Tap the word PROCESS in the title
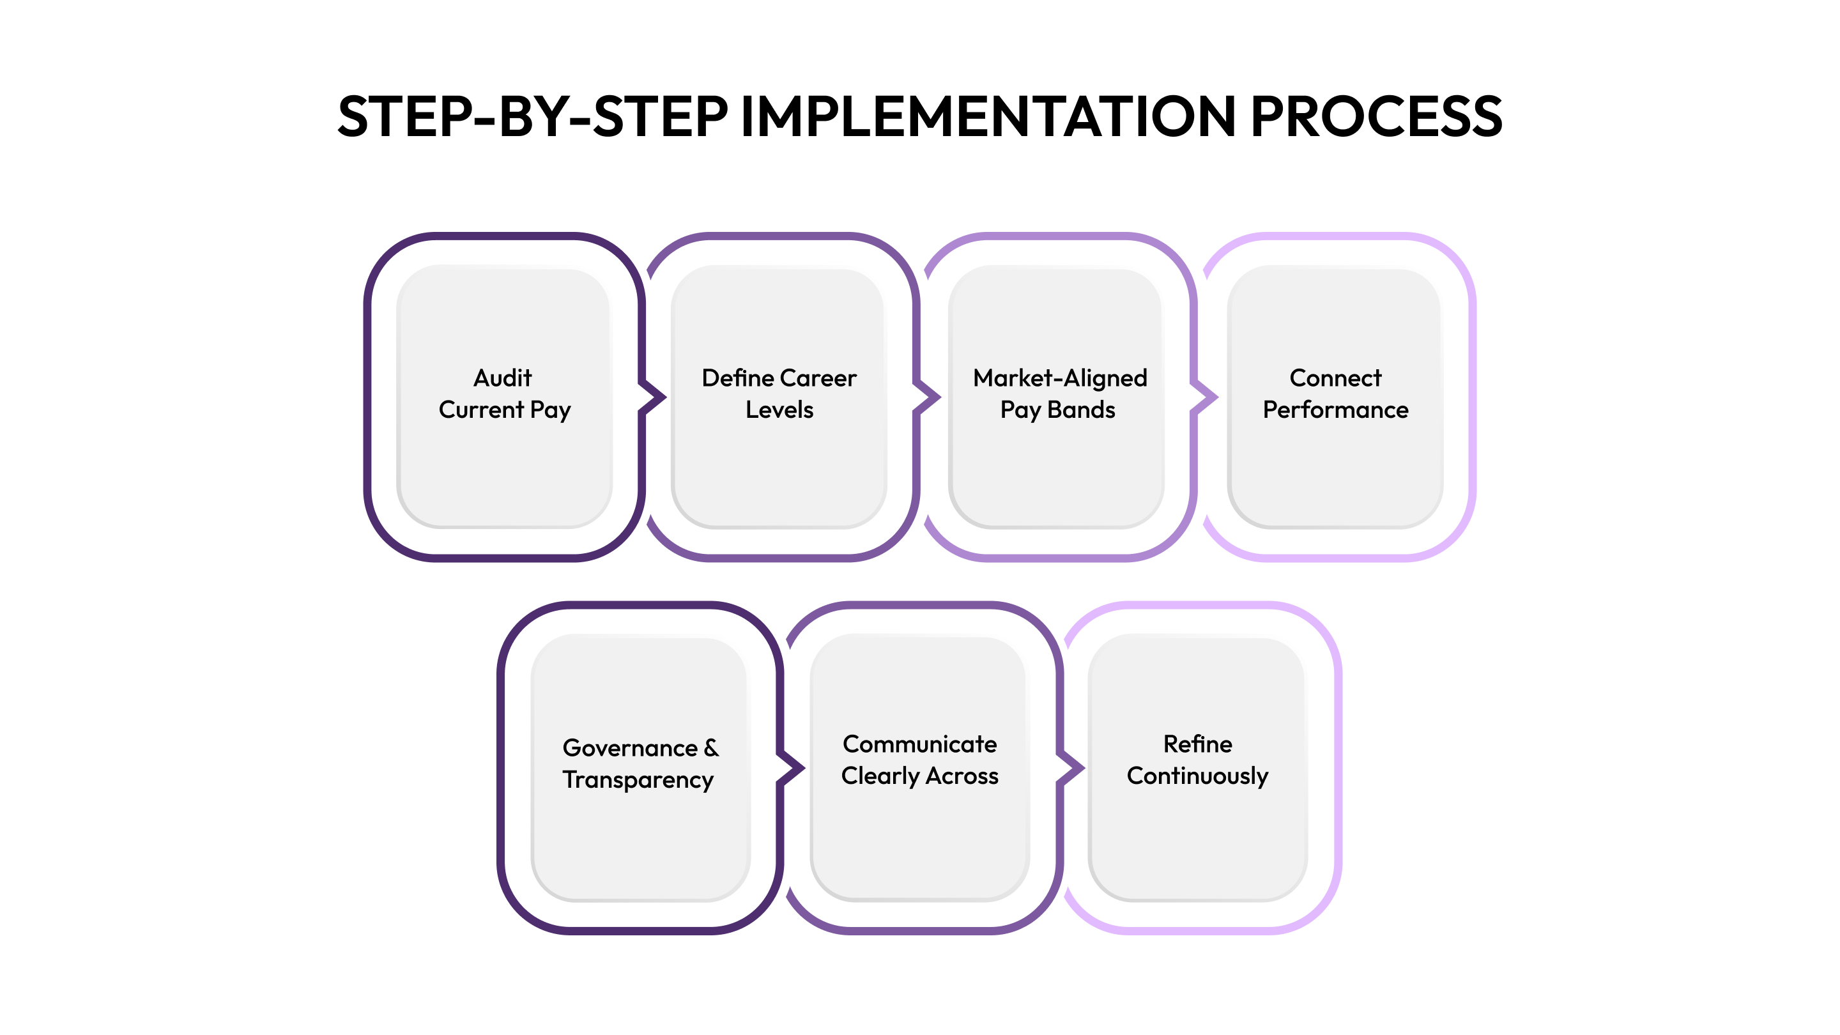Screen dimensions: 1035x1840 pos(1376,116)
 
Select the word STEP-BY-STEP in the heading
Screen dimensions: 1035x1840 pos(532,116)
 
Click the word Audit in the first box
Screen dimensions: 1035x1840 pos(503,378)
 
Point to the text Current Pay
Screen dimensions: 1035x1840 pos(504,410)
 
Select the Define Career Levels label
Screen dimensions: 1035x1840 pos(779,394)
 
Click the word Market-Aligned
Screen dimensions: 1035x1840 pos(1059,378)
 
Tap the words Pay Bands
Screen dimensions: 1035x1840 pos(1057,410)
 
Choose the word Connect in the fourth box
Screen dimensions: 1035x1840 pos(1335,378)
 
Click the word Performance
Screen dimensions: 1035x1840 pos(1335,410)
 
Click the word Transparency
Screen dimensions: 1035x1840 pos(637,779)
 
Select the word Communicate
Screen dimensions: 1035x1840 pos(919,744)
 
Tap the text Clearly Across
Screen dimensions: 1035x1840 pos(919,776)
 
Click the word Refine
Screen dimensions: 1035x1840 pos(1197,744)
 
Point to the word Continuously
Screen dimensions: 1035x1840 pos(1197,776)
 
